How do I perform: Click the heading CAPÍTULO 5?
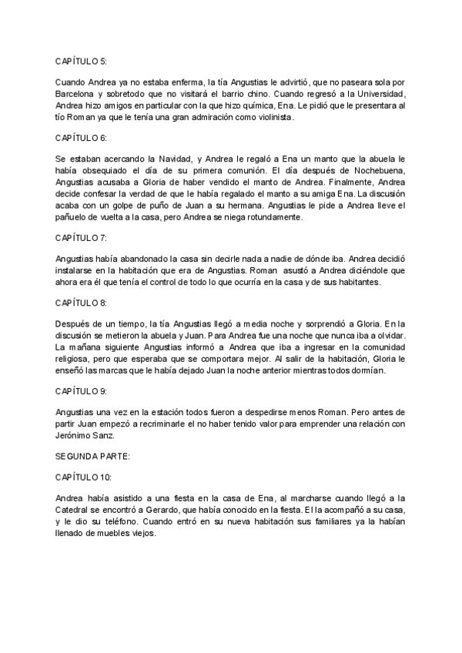coord(82,60)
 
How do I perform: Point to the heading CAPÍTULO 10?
coord(84,477)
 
